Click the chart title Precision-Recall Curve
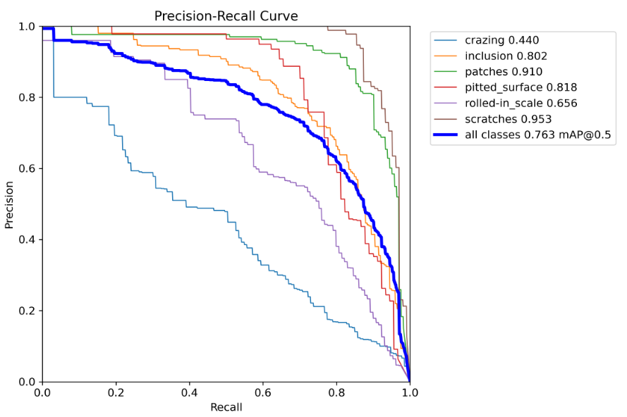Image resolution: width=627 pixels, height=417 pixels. point(226,15)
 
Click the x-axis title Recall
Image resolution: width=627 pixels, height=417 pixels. point(226,407)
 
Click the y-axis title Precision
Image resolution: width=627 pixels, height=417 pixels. point(9,204)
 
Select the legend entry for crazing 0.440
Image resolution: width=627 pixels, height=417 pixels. point(501,40)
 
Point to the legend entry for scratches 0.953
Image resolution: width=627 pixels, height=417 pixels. point(508,119)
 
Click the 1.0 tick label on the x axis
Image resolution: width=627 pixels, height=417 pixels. point(409,393)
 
